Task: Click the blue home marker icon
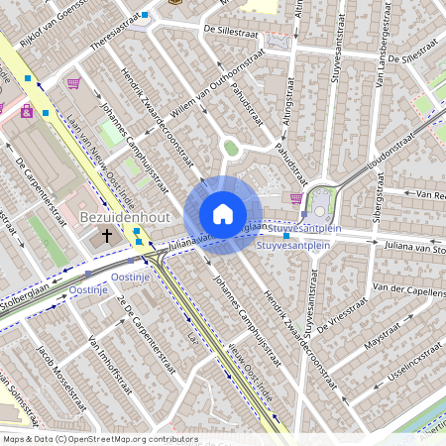(x=223, y=214)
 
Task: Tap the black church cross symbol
(x=108, y=236)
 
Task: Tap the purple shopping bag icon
(x=72, y=83)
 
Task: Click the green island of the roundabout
(x=231, y=148)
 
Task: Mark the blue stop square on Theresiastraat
(x=145, y=15)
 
